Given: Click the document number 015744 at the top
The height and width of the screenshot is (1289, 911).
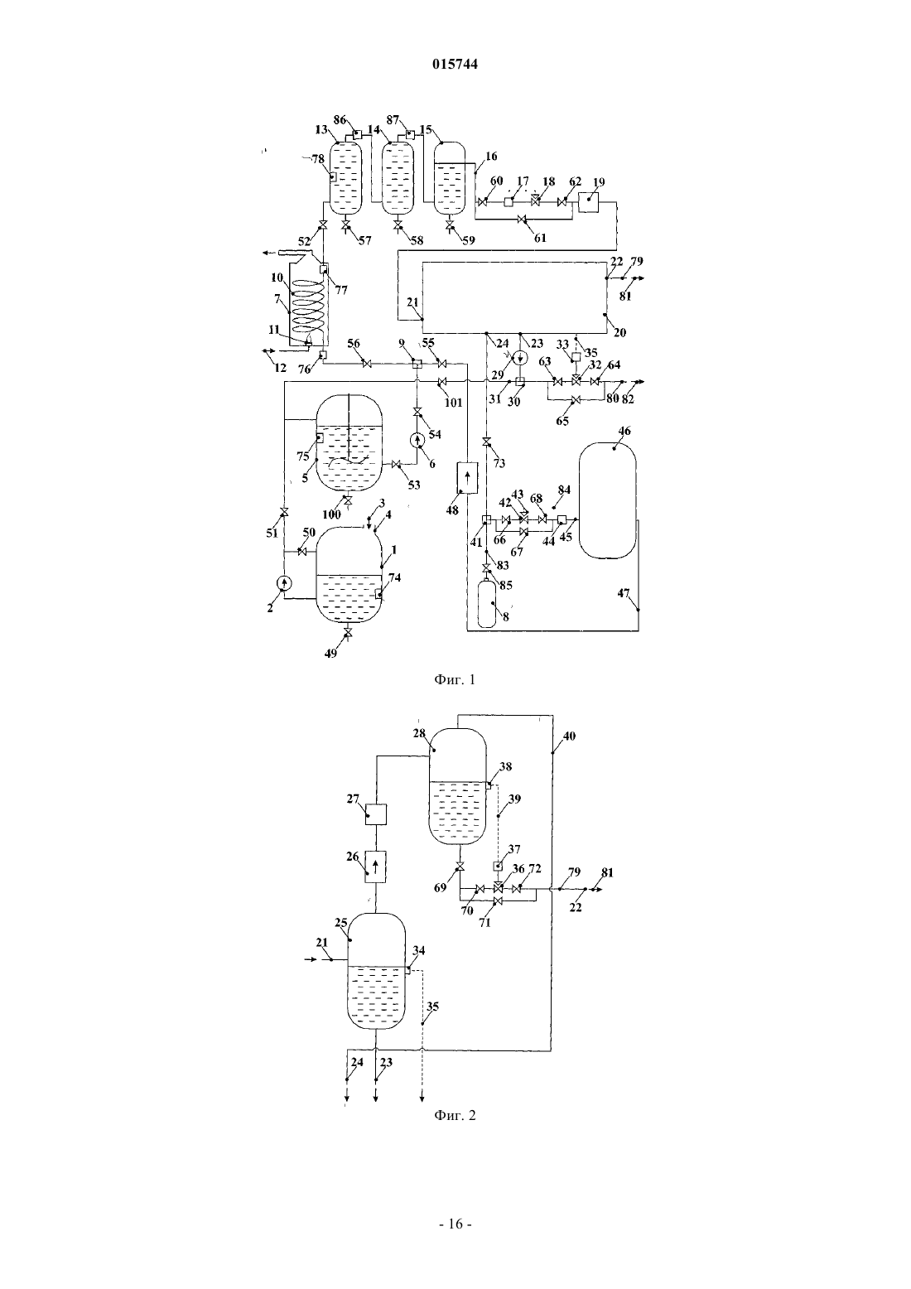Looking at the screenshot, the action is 455,64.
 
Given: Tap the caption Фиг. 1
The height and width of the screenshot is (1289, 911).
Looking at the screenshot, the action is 455,679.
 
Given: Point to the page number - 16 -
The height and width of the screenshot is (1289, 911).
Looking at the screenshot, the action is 455,1224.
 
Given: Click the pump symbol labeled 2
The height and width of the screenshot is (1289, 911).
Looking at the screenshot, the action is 284,583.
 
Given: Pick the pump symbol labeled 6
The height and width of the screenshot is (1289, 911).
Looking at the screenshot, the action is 417,441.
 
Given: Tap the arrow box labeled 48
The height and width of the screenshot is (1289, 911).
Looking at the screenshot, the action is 467,477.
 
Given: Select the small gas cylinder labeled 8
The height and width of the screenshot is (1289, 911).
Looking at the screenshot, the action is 487,604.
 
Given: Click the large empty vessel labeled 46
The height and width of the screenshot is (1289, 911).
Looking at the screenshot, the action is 607,500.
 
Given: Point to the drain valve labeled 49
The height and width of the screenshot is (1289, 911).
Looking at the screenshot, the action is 347,634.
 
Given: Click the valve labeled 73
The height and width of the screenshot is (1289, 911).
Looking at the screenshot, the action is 487,442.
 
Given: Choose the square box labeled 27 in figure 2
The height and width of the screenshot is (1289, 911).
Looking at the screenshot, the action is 376,815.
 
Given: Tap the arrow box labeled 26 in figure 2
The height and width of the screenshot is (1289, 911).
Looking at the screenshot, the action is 376,867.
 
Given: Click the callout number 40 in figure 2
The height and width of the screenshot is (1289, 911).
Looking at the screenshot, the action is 569,736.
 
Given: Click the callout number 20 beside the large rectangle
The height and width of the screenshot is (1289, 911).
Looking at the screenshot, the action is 620,333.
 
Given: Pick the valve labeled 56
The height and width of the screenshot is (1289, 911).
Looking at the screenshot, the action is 367,364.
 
